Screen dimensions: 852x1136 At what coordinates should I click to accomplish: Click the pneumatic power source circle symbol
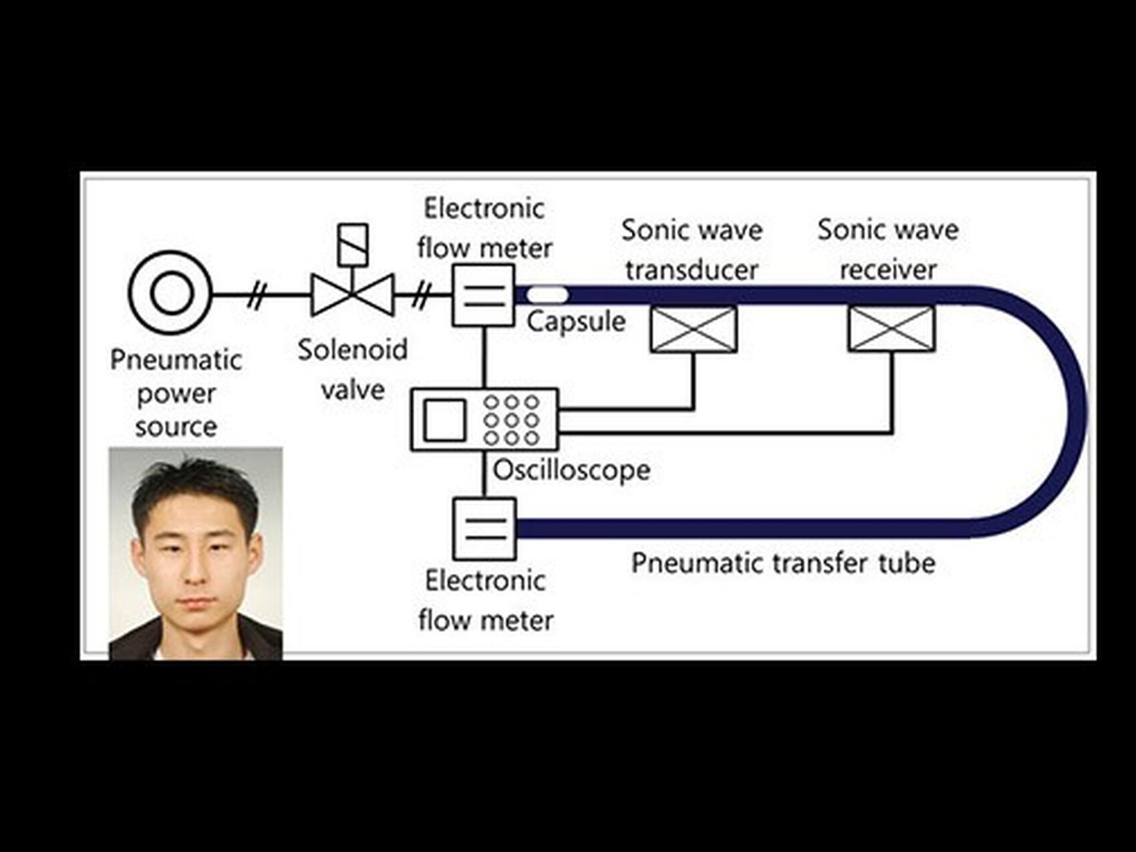tap(171, 293)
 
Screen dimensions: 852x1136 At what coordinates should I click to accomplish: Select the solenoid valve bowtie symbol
tap(352, 295)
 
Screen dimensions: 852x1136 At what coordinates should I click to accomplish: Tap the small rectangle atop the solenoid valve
tap(353, 245)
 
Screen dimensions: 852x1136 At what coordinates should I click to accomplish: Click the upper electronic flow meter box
tap(484, 295)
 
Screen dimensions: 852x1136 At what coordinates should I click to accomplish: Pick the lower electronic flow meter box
tap(484, 529)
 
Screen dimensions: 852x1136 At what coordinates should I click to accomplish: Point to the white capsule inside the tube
tap(547, 294)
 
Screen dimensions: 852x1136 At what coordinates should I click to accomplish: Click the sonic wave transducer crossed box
tap(694, 329)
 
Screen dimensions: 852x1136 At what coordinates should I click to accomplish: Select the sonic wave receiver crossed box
tap(891, 328)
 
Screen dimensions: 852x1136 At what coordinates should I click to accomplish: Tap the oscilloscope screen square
tap(444, 420)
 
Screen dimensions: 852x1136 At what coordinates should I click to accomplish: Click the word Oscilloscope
tap(571, 470)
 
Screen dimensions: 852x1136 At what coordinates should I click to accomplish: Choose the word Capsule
tap(576, 321)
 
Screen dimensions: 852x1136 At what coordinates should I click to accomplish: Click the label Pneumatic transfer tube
tap(783, 563)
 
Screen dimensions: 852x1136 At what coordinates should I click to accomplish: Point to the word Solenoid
tap(352, 349)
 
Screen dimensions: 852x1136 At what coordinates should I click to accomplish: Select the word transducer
tap(692, 270)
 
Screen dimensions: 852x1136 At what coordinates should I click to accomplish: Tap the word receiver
tap(888, 269)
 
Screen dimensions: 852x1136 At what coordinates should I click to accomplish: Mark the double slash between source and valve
tap(257, 295)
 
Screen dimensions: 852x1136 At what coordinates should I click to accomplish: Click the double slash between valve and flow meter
tap(421, 295)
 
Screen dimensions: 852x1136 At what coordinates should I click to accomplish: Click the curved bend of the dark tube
tap(1073, 412)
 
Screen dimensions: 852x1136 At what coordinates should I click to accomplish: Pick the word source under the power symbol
tap(176, 427)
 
